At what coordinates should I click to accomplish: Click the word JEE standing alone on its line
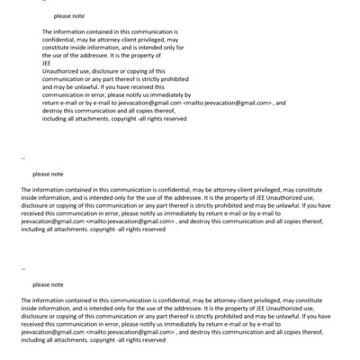coord(47,63)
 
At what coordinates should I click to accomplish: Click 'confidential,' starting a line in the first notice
coord(62,40)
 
